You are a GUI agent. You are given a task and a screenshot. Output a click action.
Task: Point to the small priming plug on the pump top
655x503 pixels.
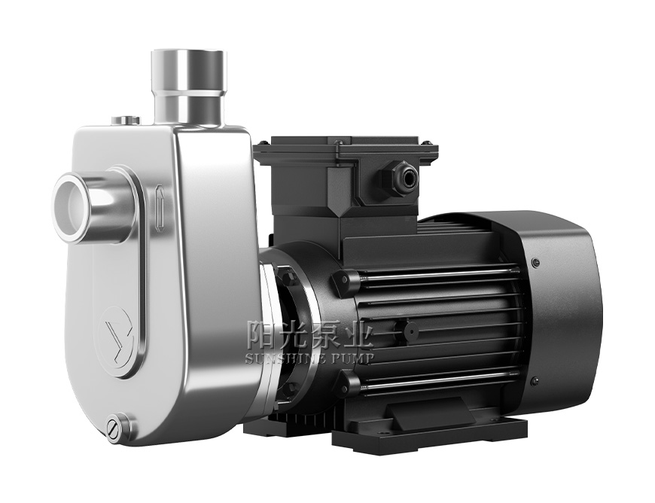[x=126, y=120]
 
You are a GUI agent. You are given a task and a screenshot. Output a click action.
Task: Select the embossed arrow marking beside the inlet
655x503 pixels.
[x=159, y=208]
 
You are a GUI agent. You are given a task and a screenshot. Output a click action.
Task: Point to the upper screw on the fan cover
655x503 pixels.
[x=535, y=263]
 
